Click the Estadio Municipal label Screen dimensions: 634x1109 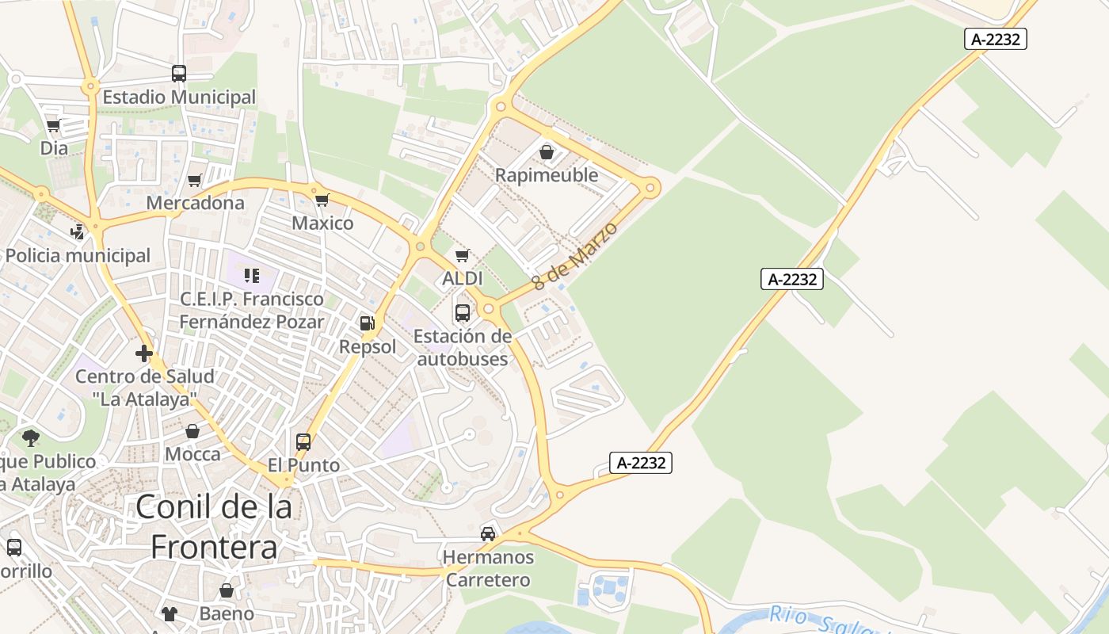[x=179, y=97]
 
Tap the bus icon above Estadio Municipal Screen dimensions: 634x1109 [x=179, y=74]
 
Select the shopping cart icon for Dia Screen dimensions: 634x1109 [x=54, y=125]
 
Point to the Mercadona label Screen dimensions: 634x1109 [x=196, y=203]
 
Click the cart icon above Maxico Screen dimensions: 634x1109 [x=322, y=200]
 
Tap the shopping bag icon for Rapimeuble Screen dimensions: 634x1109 [x=547, y=151]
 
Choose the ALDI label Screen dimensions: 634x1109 [x=463, y=278]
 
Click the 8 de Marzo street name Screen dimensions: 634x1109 [x=575, y=255]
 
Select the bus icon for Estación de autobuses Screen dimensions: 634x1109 [x=463, y=312]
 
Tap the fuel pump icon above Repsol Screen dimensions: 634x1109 [x=368, y=323]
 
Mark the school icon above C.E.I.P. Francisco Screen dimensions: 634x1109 [x=252, y=276]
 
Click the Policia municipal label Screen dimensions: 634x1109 [x=78, y=256]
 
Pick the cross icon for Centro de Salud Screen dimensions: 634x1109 [x=144, y=353]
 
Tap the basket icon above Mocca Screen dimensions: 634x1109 [x=192, y=431]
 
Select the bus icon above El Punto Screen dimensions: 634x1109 [x=303, y=442]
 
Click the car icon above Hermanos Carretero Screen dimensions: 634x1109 [x=488, y=534]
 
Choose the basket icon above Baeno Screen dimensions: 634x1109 [x=227, y=590]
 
